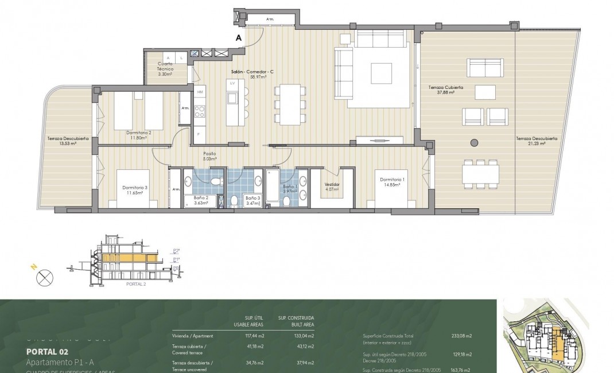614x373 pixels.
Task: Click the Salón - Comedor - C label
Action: pos(260,71)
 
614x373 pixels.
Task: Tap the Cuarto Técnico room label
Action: pos(165,68)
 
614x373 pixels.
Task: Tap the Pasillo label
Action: pos(209,154)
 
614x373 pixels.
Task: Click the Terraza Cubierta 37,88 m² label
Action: pos(441,90)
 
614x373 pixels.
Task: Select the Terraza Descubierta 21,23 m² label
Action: pos(535,141)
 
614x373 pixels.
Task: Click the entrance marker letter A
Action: pos(239,38)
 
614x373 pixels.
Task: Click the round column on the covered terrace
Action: pos(474,142)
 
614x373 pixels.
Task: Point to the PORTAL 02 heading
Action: pos(48,351)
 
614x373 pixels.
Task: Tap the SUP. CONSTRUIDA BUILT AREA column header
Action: pos(296,321)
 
